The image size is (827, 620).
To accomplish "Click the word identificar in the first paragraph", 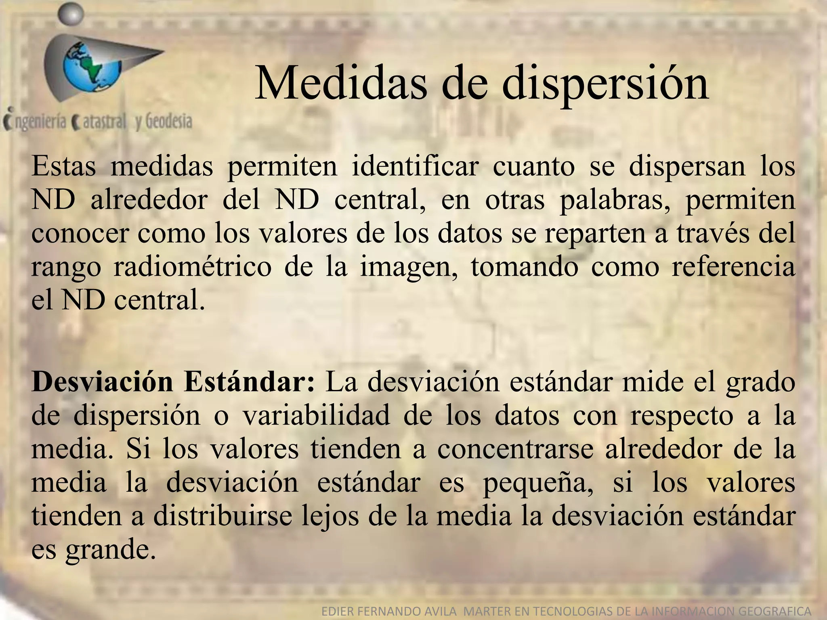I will coord(416,166).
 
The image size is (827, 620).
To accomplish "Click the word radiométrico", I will coord(192,268).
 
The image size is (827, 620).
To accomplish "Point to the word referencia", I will coord(733,267).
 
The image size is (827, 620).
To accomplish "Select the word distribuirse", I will coord(222,516).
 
